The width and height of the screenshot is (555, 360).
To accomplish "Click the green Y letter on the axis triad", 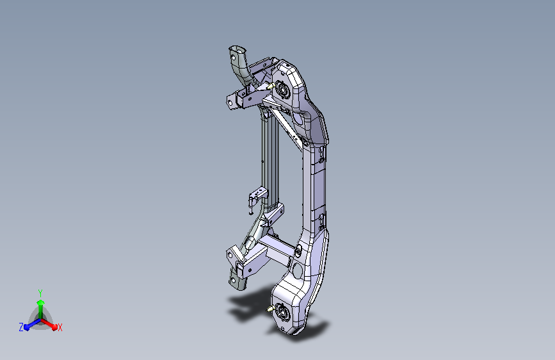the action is click(40, 293).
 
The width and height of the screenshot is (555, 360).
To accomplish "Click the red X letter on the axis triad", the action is click(60, 328).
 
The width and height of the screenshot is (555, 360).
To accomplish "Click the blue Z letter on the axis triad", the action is click(21, 327).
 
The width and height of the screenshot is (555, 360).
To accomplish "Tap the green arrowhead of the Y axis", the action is click(41, 303).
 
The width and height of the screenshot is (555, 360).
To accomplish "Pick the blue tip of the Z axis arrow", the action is click(28, 327).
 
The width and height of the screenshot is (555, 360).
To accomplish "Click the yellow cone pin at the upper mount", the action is click(270, 86).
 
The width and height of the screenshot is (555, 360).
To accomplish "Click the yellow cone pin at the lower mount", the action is click(270, 309).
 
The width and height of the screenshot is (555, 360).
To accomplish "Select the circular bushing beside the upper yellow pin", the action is click(283, 89).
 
